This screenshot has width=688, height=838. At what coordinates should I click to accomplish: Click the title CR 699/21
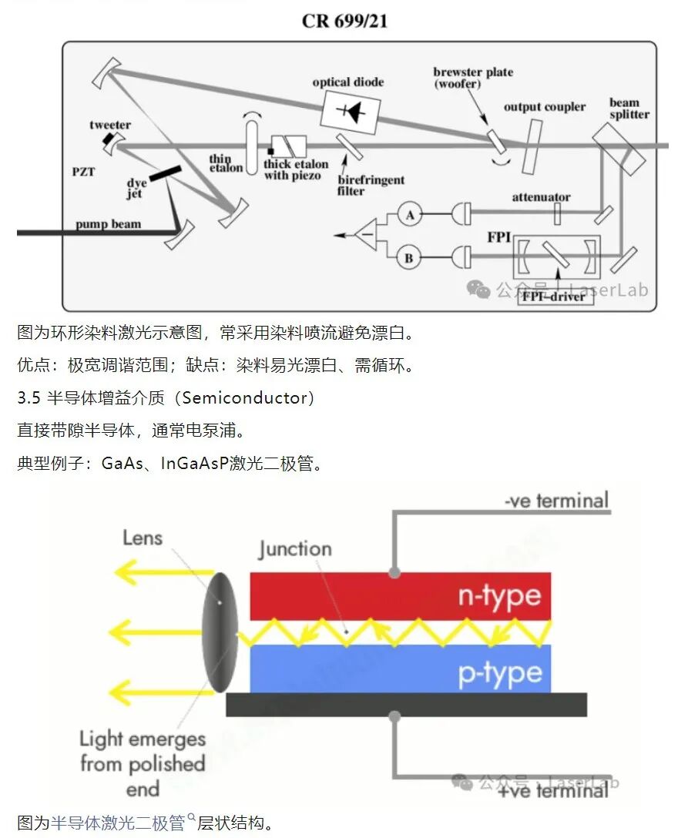(344, 21)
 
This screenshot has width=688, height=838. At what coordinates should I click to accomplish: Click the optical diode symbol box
(351, 112)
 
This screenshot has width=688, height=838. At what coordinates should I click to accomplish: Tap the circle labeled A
(409, 215)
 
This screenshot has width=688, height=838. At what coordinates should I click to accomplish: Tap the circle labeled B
(408, 258)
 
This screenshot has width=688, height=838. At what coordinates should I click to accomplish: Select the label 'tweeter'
(110, 125)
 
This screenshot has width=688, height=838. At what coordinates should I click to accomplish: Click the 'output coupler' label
(545, 107)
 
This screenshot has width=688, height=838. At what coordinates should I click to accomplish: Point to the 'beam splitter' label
(629, 109)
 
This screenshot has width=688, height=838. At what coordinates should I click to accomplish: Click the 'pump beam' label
(109, 224)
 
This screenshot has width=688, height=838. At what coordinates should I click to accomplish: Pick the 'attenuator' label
(541, 197)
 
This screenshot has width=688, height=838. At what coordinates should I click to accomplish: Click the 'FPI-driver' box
(555, 297)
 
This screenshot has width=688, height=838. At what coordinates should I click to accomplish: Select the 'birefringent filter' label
(371, 186)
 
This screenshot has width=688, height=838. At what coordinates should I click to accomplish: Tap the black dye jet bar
(165, 174)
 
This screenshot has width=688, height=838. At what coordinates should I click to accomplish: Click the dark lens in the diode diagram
(220, 632)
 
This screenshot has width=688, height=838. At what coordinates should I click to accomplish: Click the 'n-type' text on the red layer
(499, 596)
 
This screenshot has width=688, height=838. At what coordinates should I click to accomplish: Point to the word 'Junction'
(294, 549)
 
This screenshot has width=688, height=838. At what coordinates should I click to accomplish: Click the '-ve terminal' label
(556, 501)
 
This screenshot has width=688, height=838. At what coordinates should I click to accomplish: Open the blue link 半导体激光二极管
(118, 823)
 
